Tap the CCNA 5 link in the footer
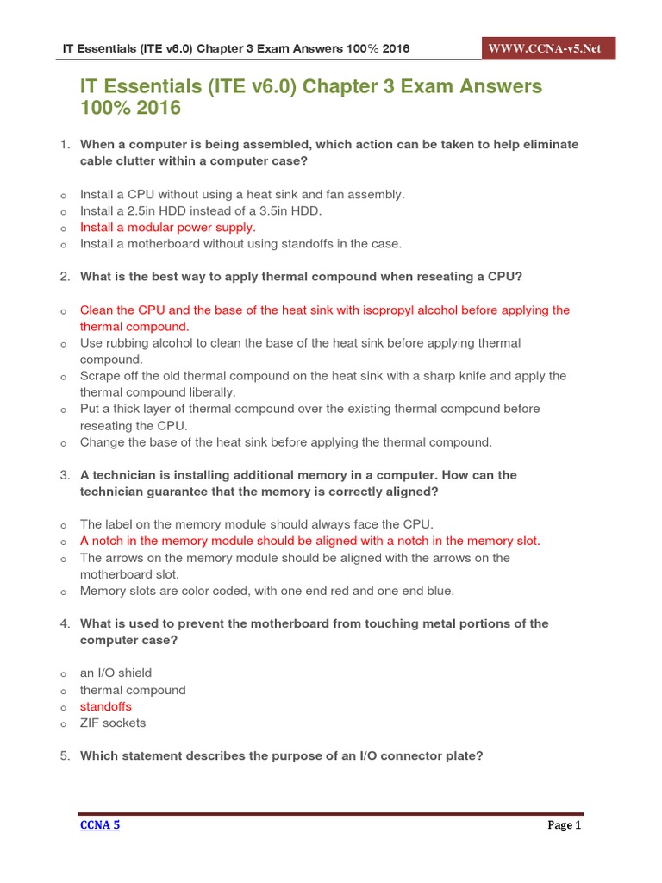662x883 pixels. pos(100,825)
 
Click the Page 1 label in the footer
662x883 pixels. pos(565,825)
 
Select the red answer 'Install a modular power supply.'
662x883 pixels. pos(167,228)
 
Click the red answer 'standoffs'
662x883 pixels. pos(106,706)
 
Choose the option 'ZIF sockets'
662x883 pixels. pos(113,723)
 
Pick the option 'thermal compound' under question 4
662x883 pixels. pos(133,690)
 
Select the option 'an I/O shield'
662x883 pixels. pos(116,673)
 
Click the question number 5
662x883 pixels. pos(65,756)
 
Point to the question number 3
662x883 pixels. pos(65,475)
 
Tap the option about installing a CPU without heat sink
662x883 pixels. pos(242,194)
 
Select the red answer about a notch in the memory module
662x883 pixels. pos(310,541)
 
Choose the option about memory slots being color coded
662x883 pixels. pos(266,591)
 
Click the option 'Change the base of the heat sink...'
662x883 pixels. pos(285,442)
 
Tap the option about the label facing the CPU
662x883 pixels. pos(256,524)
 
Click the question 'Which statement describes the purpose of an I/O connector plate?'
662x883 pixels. pos(281,756)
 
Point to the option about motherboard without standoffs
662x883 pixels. pos(240,244)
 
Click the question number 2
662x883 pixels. pos(65,277)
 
